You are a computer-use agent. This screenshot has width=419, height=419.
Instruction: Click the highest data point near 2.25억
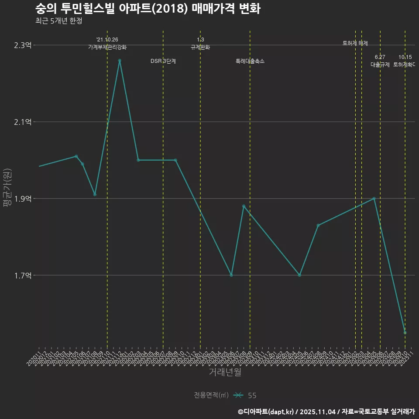(120, 61)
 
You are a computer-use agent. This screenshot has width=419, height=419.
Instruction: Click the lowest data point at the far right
(405, 333)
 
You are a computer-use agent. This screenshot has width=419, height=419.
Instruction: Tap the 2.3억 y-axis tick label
(23, 45)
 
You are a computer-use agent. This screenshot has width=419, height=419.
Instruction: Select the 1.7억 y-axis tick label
(23, 275)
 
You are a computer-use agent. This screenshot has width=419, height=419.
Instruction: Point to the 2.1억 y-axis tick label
(23, 122)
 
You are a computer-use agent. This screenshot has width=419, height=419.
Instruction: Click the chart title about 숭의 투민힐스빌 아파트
(148, 8)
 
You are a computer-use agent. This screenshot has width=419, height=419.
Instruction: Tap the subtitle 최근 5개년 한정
(58, 21)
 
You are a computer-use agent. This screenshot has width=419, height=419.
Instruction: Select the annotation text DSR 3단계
(163, 61)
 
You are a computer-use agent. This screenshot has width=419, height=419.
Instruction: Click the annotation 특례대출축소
(250, 61)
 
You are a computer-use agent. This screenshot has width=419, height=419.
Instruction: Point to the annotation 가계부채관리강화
(107, 47)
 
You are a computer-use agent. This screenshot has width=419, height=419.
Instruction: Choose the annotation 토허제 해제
(355, 43)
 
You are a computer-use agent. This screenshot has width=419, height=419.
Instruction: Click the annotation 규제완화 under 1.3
(200, 47)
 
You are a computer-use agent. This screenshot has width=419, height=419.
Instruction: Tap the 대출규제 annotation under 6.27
(380, 65)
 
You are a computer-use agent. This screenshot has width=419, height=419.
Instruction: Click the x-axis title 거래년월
(225, 372)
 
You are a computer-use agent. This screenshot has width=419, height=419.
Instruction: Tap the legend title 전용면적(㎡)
(211, 395)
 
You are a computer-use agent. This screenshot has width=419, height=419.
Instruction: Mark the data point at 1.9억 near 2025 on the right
(374, 199)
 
